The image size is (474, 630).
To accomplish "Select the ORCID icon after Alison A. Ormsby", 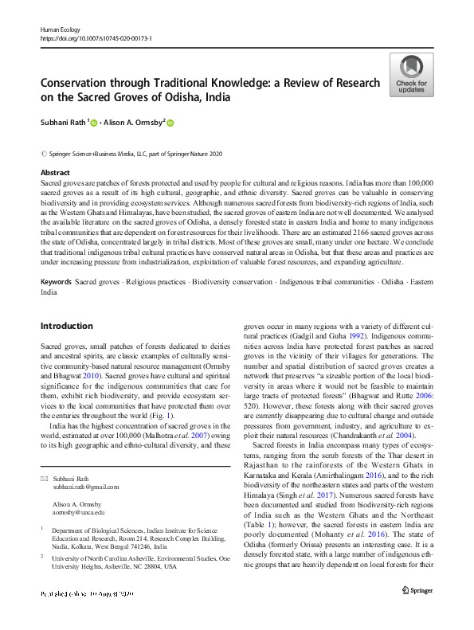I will [170, 123].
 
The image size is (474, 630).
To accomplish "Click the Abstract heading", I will [55, 173].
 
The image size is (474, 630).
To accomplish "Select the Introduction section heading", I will [66, 326].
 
